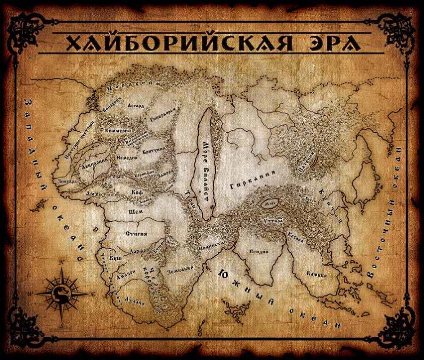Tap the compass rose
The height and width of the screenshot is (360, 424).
pos(62,293)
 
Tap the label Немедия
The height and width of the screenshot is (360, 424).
pos(127,158)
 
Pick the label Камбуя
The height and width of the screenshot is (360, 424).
pos(317,273)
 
